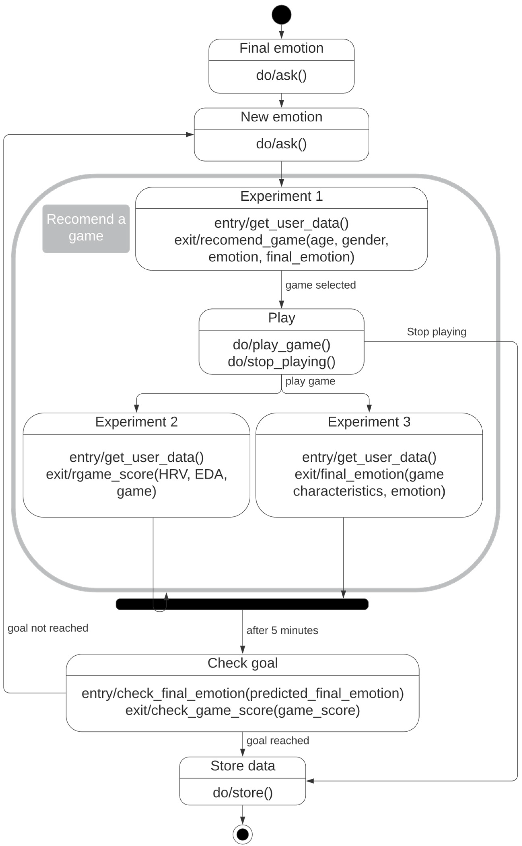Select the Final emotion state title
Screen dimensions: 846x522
pyautogui.click(x=281, y=48)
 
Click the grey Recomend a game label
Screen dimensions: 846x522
pyautogui.click(x=86, y=228)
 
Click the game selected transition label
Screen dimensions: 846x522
pyautogui.click(x=320, y=285)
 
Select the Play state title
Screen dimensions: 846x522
pyautogui.click(x=281, y=318)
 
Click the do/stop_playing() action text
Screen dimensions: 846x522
pyautogui.click(x=281, y=362)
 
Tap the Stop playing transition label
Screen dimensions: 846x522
pyautogui.click(x=436, y=332)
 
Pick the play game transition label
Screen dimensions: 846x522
pyautogui.click(x=310, y=381)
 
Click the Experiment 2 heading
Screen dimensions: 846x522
pyautogui.click(x=136, y=422)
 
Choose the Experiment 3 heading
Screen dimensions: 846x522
pyautogui.click(x=369, y=422)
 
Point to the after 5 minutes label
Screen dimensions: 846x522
pyautogui.click(x=282, y=630)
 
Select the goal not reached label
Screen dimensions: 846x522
pyautogui.click(x=48, y=628)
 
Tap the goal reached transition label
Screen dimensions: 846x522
pyautogui.click(x=277, y=740)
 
